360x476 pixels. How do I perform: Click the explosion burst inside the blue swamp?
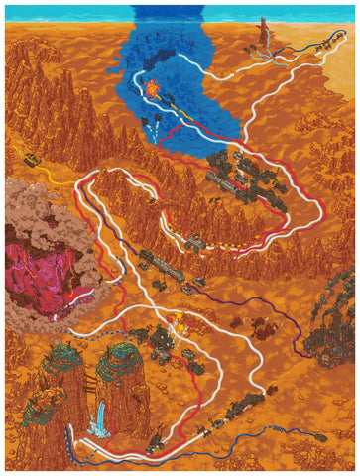coord(154,87)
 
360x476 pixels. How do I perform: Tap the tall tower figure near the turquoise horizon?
coord(264,30)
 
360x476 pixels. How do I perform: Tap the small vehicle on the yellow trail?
coord(34,160)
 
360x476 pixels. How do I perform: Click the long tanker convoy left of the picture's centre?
coord(165,265)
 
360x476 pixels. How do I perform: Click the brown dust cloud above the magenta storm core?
coord(40,213)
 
